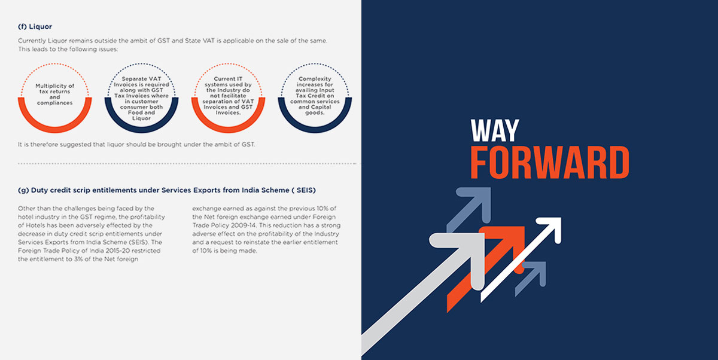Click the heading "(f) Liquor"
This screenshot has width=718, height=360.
coord(35,26)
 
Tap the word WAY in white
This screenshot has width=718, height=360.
coord(495,130)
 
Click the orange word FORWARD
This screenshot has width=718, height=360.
coord(550,163)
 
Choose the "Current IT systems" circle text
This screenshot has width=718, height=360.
coord(228,96)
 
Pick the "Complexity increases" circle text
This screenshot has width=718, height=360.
coord(315,96)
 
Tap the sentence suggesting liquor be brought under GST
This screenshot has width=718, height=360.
coord(136,145)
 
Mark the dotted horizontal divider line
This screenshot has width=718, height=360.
coord(187,164)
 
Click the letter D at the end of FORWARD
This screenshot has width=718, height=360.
coord(619,163)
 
